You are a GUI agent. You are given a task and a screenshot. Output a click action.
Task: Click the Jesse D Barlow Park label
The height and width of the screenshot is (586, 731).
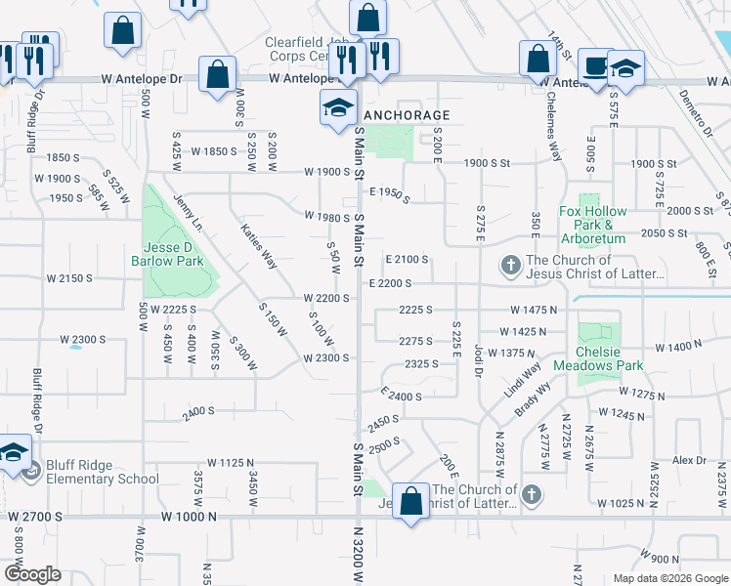[166, 255]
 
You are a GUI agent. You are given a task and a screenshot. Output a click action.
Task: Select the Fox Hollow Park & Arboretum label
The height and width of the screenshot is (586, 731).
[591, 225]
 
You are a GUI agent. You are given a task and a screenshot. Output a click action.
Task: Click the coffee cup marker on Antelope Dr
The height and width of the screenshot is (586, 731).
[594, 66]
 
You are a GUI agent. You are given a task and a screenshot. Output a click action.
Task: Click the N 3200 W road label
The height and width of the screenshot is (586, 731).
[357, 552]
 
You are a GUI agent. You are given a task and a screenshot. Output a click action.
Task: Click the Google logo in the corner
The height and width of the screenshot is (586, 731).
[31, 574]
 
